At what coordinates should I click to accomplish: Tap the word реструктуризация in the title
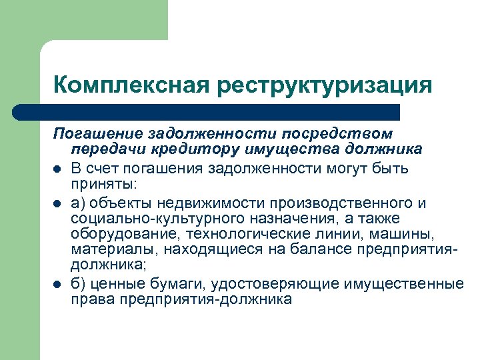point(323,85)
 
